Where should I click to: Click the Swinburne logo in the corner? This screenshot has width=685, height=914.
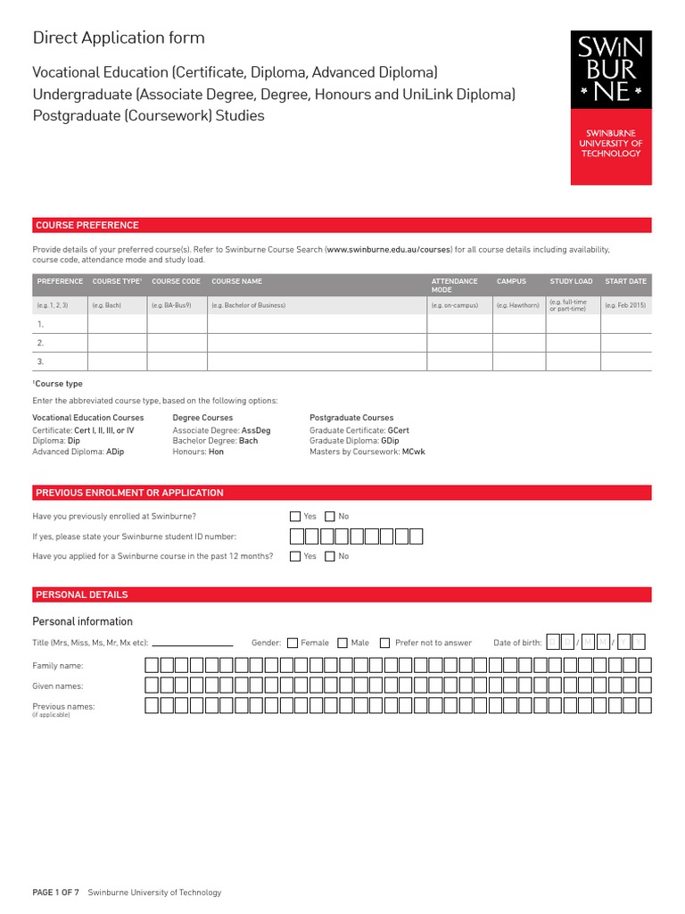(611, 107)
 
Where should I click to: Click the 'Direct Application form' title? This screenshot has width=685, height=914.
(119, 37)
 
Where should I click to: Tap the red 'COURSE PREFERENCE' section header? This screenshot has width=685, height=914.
(87, 225)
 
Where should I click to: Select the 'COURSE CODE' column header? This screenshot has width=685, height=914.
(176, 281)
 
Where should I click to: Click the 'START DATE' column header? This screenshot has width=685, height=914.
(625, 281)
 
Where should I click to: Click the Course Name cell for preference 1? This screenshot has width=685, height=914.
(317, 324)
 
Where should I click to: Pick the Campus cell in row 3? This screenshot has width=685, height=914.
(518, 361)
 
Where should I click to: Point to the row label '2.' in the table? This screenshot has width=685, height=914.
(40, 343)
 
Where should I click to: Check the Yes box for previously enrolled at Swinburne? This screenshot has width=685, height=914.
(295, 516)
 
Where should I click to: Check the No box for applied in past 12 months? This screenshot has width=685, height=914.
(330, 556)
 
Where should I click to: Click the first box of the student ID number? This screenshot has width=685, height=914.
(298, 536)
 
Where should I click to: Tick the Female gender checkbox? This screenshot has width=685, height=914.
(293, 643)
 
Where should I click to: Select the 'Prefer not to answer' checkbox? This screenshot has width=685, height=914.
(384, 643)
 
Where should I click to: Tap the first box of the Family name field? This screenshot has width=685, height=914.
(152, 665)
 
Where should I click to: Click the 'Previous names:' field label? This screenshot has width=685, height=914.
(63, 706)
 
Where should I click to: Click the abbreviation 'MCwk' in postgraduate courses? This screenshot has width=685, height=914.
(414, 452)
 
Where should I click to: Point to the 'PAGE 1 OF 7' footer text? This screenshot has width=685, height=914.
(55, 893)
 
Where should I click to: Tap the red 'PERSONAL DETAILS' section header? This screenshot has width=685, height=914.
(81, 594)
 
